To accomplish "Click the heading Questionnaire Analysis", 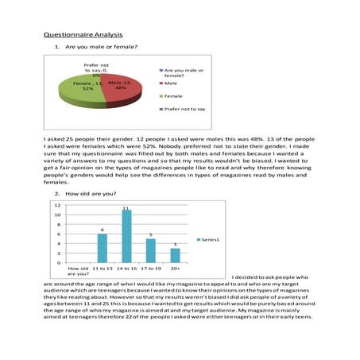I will (x=82, y=35).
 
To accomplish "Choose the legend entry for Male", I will (x=172, y=83).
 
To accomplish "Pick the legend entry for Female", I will (x=175, y=95).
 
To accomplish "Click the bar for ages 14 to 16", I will (x=126, y=236).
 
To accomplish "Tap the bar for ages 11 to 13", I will (x=102, y=248).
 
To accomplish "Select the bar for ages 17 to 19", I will (x=150, y=250).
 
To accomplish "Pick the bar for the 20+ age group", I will (x=175, y=255).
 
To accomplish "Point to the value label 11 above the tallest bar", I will (x=126, y=208).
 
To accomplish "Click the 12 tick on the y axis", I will (x=57, y=205).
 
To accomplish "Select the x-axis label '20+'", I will (x=175, y=269).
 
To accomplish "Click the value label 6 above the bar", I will (x=102, y=229).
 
